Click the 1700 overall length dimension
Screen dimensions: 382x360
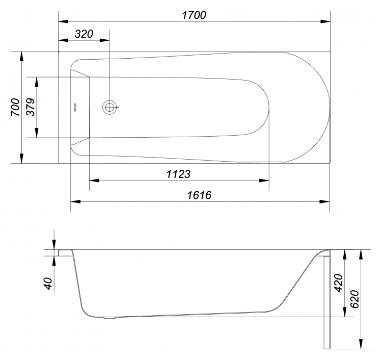coord(194,15)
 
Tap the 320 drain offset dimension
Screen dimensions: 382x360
coord(84,34)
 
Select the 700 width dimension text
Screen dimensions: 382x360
coord(15,107)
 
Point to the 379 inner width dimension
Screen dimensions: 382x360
coord(31,107)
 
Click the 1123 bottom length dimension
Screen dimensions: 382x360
coord(178,174)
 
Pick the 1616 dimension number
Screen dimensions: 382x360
coord(199,195)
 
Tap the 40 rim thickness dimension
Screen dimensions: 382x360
coord(48,284)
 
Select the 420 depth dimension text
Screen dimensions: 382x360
coord(338,283)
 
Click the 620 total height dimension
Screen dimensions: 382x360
coord(354,299)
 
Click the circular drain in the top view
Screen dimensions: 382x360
coord(110,107)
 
